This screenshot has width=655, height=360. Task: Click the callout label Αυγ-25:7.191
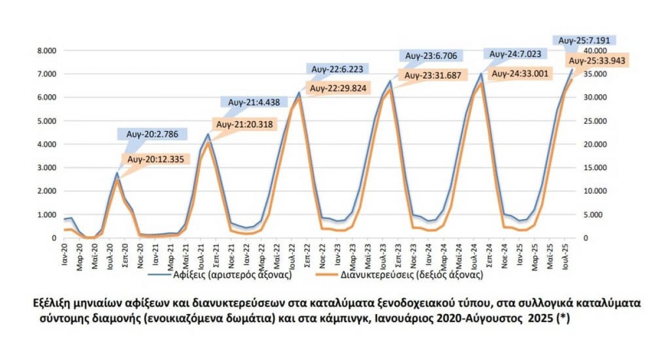585,40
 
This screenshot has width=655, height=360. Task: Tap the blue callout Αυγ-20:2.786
152,133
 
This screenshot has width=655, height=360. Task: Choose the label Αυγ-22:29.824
338,88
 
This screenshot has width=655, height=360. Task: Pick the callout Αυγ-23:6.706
432,56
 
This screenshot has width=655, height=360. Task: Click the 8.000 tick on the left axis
46,51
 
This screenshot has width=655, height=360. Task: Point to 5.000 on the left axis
46,121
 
